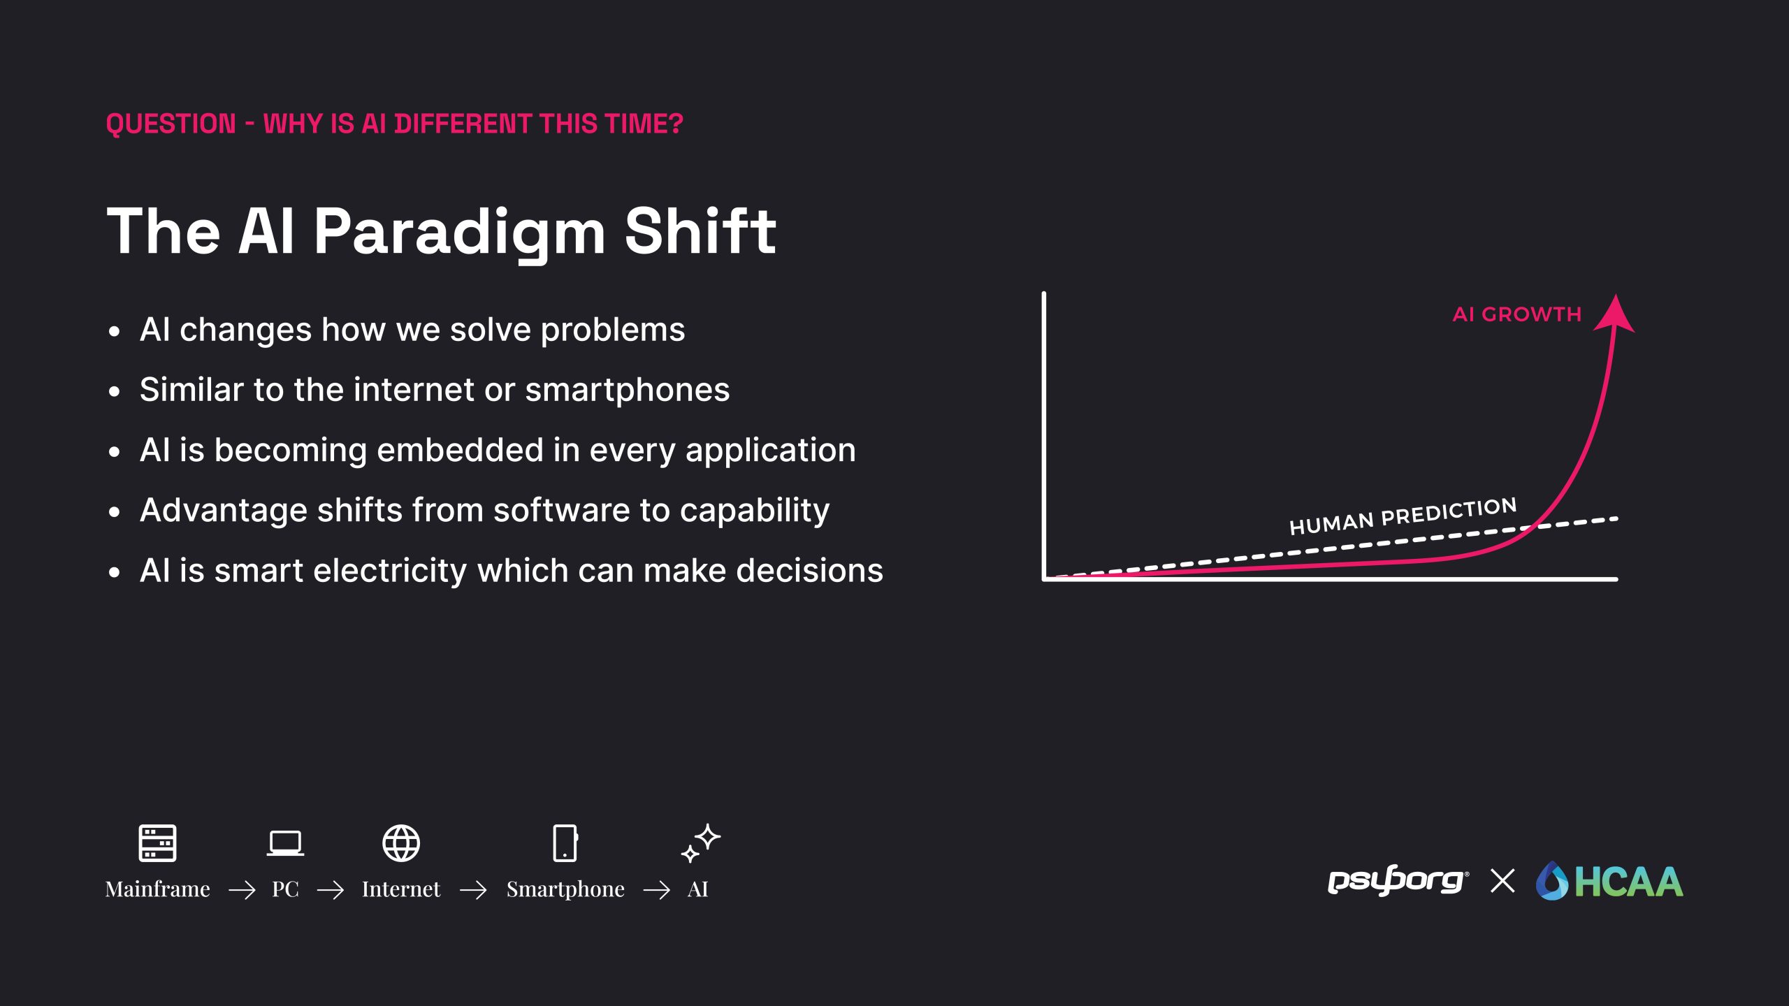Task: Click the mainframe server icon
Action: tap(157, 843)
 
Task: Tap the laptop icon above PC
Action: tap(285, 843)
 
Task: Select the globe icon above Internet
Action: tap(401, 843)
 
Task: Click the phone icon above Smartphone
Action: tap(565, 843)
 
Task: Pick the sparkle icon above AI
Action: tap(700, 843)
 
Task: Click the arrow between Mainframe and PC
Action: tap(242, 890)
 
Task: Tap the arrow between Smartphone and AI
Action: tap(656, 890)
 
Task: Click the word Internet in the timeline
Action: tap(401, 889)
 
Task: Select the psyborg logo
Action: tap(1398, 880)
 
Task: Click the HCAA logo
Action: tap(1609, 881)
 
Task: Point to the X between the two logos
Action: tap(1502, 881)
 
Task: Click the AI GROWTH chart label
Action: tap(1516, 314)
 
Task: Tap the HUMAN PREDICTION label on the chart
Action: tap(1403, 516)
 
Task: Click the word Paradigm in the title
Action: tap(460, 233)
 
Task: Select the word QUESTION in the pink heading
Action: tap(171, 124)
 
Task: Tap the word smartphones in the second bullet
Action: tap(628, 391)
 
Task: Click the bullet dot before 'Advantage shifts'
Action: tap(115, 512)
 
